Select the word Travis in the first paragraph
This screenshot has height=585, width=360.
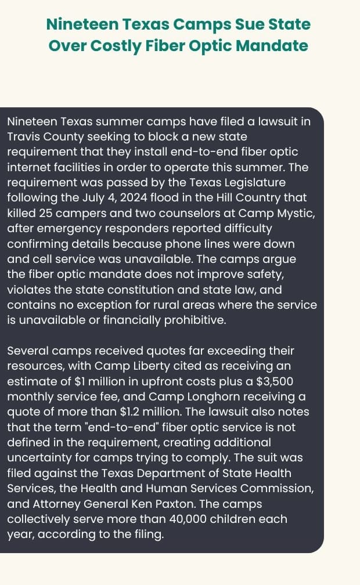(23, 137)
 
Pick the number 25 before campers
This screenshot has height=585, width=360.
(43, 212)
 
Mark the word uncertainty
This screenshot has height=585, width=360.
(42, 456)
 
